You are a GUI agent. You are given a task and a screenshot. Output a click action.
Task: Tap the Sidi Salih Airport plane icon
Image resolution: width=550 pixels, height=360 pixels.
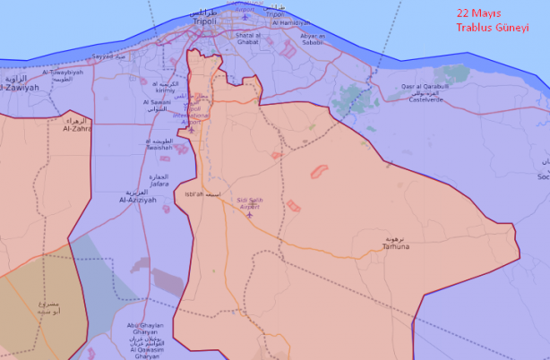(x=249, y=214)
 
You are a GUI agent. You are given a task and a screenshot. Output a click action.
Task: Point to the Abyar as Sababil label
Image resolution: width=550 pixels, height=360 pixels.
(x=312, y=39)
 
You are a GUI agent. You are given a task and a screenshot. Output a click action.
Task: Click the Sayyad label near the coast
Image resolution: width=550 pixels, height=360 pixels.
(x=103, y=56)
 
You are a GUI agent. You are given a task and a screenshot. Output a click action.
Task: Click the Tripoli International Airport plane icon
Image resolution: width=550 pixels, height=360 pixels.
(x=191, y=130)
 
